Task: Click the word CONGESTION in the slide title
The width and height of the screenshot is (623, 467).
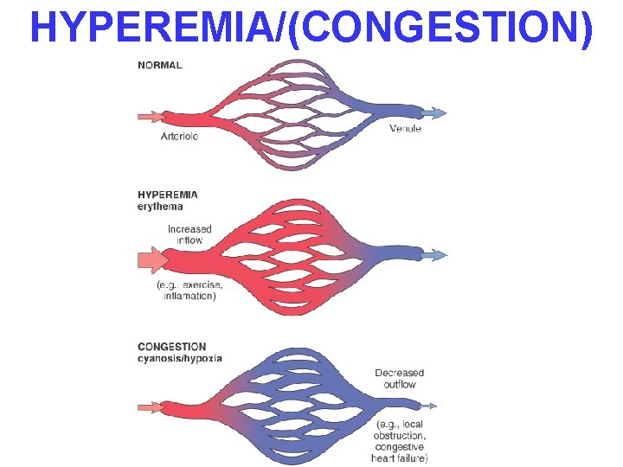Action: pyautogui.click(x=436, y=28)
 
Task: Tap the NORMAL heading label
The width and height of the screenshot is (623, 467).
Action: pyautogui.click(x=160, y=66)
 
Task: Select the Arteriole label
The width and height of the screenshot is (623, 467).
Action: pyautogui.click(x=179, y=135)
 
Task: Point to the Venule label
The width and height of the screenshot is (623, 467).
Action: pyautogui.click(x=405, y=129)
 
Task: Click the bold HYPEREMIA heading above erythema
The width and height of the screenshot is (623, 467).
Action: pyautogui.click(x=168, y=195)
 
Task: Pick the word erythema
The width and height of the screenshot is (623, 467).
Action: pyautogui.click(x=161, y=207)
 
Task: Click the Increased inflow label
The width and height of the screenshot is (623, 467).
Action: pyautogui.click(x=189, y=234)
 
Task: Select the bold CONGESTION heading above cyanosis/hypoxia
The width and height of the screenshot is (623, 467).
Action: pyautogui.click(x=171, y=346)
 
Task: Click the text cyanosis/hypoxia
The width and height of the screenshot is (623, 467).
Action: pyautogui.click(x=180, y=358)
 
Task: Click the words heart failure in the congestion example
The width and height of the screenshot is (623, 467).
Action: pyautogui.click(x=399, y=457)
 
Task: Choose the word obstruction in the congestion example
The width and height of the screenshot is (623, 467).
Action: pyautogui.click(x=401, y=436)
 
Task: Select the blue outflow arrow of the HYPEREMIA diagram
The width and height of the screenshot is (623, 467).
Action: pyautogui.click(x=434, y=254)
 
